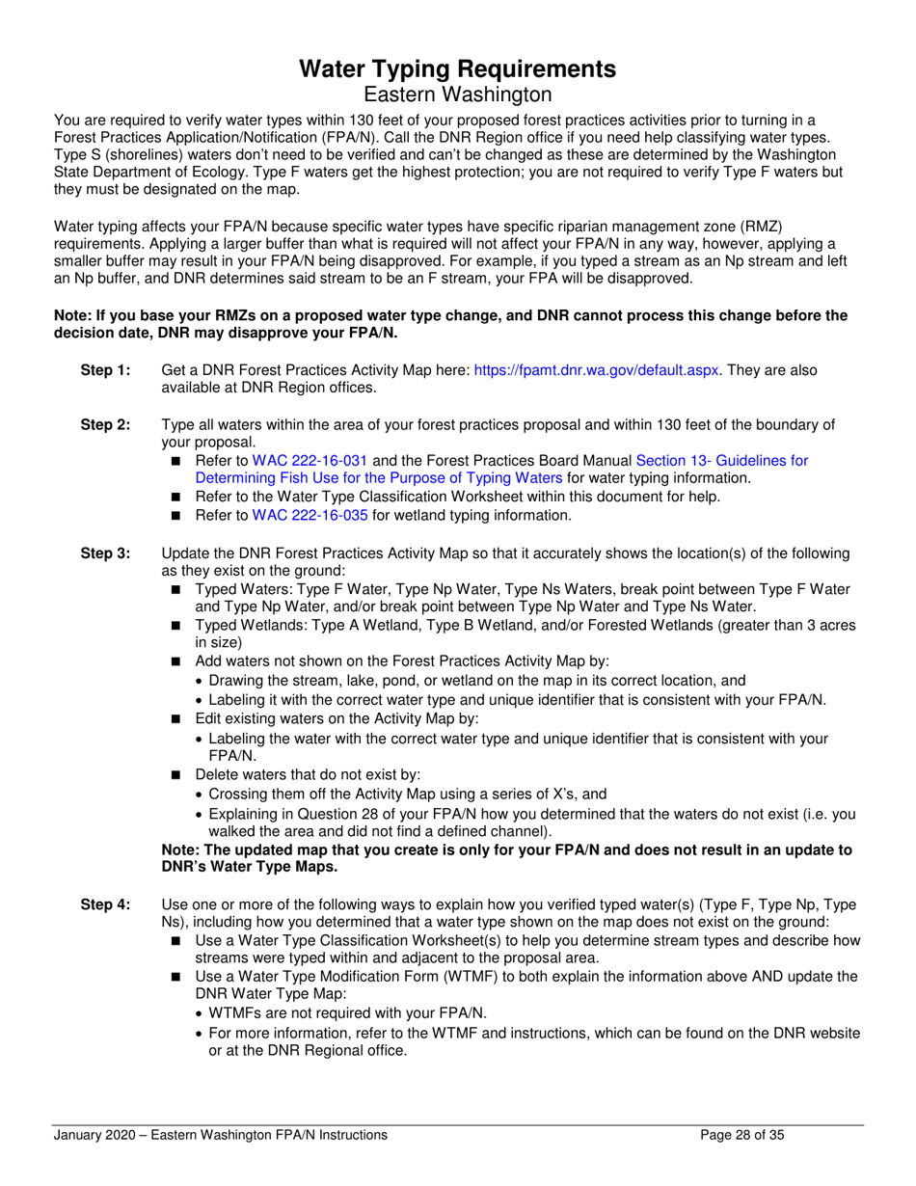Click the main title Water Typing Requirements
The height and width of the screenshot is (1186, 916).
pyautogui.click(x=457, y=68)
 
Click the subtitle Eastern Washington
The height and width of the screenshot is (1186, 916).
pyautogui.click(x=457, y=94)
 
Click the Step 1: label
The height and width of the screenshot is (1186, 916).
pyautogui.click(x=105, y=370)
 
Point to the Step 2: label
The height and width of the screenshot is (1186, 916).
pyautogui.click(x=105, y=425)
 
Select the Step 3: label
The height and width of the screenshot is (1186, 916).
pyautogui.click(x=105, y=553)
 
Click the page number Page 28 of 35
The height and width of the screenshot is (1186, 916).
pyautogui.click(x=741, y=1135)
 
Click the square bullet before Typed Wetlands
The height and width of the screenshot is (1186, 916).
pyautogui.click(x=175, y=626)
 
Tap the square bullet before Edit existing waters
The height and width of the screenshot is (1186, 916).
pyautogui.click(x=175, y=718)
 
